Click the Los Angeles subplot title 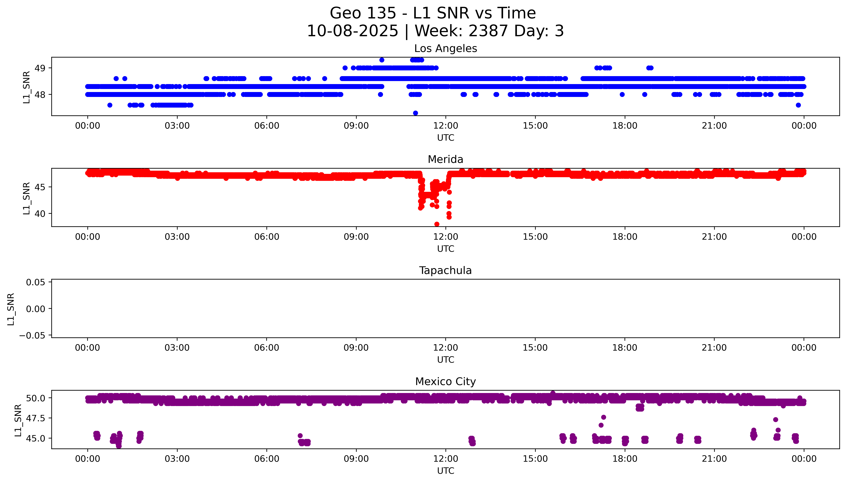tap(445, 49)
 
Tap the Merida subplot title tap(445, 160)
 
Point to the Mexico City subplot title tap(445, 382)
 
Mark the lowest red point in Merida tap(437, 224)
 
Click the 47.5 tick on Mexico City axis tap(36, 418)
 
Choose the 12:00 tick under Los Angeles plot tap(446, 126)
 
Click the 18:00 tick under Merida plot tap(625, 237)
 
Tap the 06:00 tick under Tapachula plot tap(267, 348)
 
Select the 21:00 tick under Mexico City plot tap(714, 459)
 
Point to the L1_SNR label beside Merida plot tap(27, 198)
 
